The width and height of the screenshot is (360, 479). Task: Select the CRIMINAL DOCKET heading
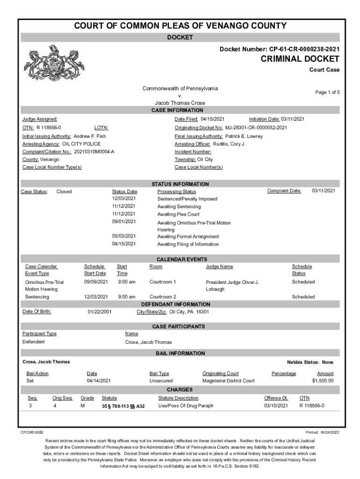(300, 59)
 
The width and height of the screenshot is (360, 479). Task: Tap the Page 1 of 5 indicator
(327, 93)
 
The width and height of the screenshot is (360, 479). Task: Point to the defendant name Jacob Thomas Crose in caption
(180, 103)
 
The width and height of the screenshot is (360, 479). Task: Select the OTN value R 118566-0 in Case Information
(49, 128)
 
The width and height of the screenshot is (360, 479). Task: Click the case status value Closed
(64, 191)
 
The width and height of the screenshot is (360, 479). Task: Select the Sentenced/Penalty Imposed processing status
(187, 199)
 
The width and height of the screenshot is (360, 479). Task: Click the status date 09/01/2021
(124, 221)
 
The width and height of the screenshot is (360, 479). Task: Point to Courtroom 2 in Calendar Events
(163, 297)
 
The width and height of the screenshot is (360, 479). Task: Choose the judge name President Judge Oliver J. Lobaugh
(232, 285)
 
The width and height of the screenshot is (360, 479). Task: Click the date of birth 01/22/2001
(100, 312)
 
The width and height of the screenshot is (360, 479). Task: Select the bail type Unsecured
(161, 381)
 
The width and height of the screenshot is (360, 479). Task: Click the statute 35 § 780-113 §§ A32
(123, 406)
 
